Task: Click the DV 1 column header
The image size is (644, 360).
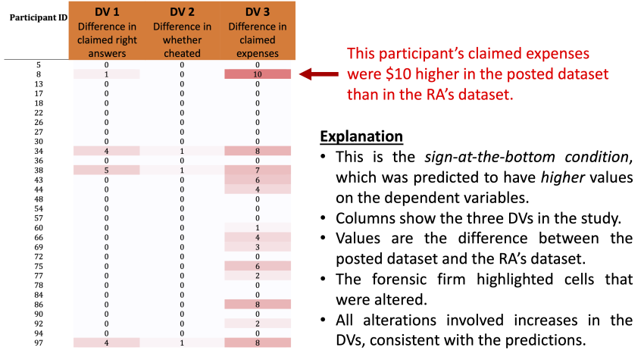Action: (107, 30)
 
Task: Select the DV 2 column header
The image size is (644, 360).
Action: (182, 30)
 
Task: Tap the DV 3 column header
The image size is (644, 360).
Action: (258, 30)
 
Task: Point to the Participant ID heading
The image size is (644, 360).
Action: (37, 17)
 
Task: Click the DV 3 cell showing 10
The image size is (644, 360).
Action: (258, 74)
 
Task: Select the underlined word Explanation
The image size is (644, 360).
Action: (361, 137)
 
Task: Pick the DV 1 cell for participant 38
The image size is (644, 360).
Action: (107, 171)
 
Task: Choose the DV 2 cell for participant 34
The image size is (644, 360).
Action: (182, 152)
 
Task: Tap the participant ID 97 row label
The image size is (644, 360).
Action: (39, 343)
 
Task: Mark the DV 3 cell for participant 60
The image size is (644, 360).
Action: (258, 228)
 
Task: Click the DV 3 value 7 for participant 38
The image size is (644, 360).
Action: (258, 171)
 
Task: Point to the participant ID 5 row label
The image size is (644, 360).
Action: (39, 65)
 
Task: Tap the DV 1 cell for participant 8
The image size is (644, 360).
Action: (107, 74)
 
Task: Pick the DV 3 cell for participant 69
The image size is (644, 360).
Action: (258, 247)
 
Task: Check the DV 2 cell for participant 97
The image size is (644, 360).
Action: (182, 343)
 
